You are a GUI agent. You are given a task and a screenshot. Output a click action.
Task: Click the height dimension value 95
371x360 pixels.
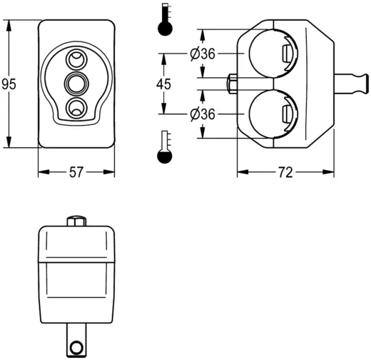click(x=9, y=84)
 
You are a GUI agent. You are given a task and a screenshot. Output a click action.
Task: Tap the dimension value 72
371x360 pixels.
click(x=285, y=172)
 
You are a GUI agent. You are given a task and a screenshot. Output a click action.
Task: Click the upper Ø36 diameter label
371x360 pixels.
click(x=203, y=54)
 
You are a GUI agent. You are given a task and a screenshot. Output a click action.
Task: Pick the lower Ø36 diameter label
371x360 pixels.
click(x=203, y=114)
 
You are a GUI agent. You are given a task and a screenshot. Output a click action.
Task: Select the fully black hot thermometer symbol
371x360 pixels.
click(x=165, y=21)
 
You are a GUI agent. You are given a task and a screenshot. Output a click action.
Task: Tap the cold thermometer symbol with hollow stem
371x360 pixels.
click(x=165, y=146)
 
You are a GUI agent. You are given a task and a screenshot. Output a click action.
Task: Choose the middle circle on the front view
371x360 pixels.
click(x=76, y=84)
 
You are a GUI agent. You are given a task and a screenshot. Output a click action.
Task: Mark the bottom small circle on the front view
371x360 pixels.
click(x=76, y=108)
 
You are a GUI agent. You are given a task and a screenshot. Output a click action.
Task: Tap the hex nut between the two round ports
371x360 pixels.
click(x=232, y=84)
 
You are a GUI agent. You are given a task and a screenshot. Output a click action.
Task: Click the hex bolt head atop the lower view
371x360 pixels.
click(x=76, y=219)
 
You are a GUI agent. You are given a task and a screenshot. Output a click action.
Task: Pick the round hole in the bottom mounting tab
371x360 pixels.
click(x=75, y=348)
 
